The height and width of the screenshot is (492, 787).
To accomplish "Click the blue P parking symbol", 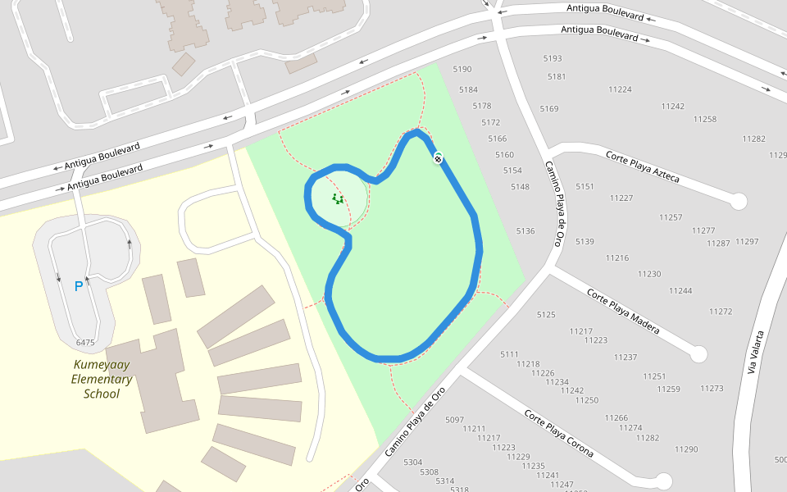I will (x=79, y=286).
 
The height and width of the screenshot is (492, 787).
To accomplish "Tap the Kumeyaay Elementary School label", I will (x=102, y=379).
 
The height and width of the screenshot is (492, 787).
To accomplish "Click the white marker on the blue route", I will (x=439, y=158).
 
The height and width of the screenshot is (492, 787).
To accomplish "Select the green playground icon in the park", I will (x=337, y=198).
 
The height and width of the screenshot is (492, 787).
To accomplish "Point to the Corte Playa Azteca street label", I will (x=642, y=166).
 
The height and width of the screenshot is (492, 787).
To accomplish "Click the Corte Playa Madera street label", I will (x=623, y=311).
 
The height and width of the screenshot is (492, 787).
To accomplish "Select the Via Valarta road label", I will (x=757, y=353).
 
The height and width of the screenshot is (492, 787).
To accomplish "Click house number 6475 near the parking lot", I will (x=84, y=342).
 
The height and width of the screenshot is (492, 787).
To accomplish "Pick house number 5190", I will (x=462, y=70).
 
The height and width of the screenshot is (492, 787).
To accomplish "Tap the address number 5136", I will (x=525, y=231).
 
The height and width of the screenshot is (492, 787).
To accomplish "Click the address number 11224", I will (x=620, y=89).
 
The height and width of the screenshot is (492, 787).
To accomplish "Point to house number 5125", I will (x=546, y=315).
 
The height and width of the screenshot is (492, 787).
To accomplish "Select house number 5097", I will (x=454, y=420).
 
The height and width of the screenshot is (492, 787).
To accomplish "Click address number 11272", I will (x=721, y=312).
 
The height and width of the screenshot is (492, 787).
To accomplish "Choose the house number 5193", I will (x=553, y=58).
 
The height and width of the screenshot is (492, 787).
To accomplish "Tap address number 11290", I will (x=686, y=449).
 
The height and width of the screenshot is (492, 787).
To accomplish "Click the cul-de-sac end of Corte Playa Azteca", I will (x=739, y=201).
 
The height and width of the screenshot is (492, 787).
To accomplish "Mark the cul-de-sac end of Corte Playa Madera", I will (x=698, y=354).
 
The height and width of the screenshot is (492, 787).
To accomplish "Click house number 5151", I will (x=585, y=187).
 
